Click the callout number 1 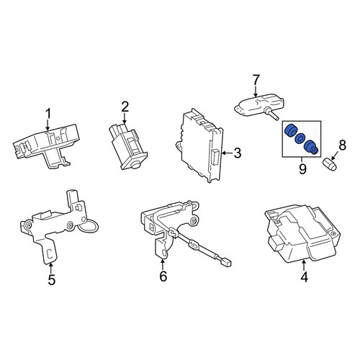(48, 114)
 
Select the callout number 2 (125, 107)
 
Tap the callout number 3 (237, 153)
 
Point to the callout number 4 (304, 276)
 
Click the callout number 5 (51, 279)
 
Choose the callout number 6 (163, 276)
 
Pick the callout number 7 (256, 80)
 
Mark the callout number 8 (342, 145)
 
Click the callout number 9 (302, 169)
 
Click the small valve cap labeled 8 (329, 164)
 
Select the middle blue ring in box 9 (300, 138)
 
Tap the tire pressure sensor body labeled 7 (256, 107)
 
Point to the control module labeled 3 (199, 145)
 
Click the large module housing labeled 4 (302, 234)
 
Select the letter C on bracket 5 (50, 253)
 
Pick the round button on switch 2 (135, 164)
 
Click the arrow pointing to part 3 (228, 153)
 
